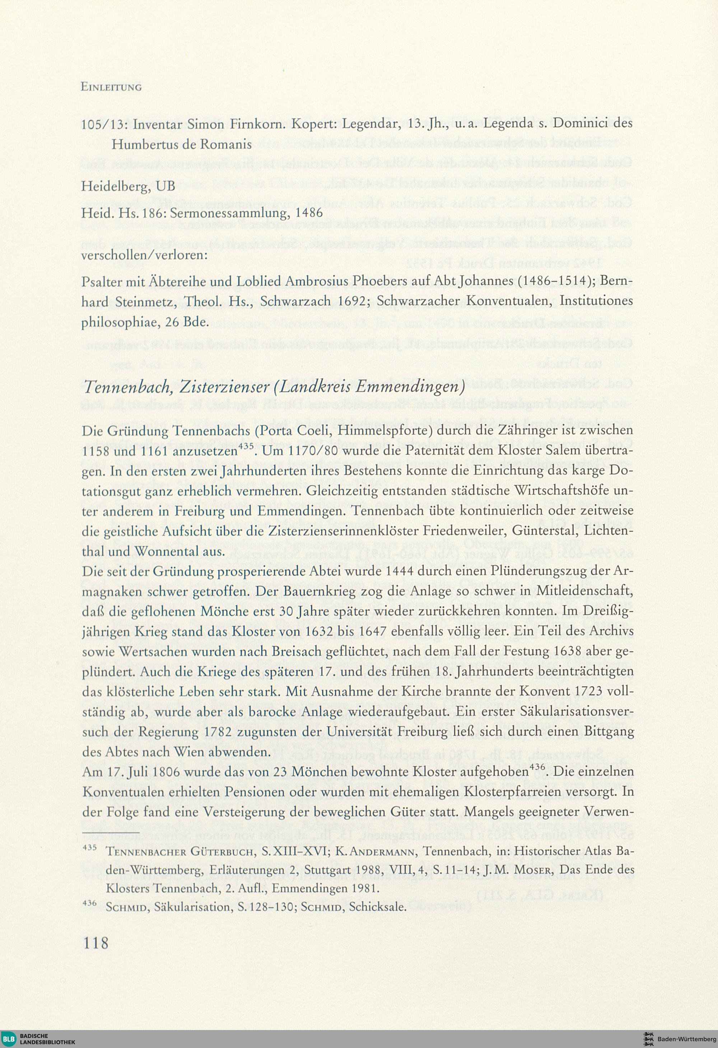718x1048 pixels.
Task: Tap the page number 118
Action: click(95, 942)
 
